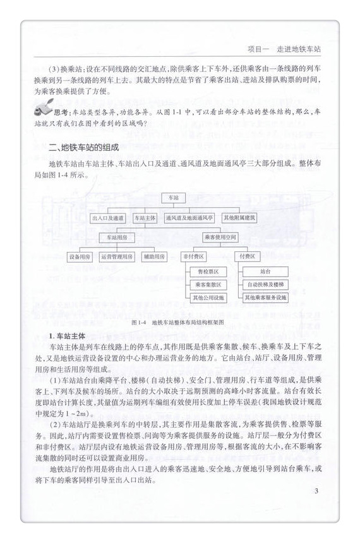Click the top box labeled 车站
click(x=174, y=198)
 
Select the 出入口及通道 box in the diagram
click(x=108, y=218)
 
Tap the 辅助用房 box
click(x=153, y=257)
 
